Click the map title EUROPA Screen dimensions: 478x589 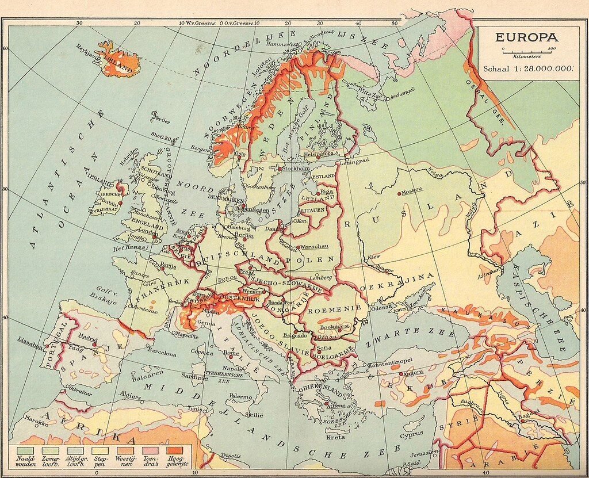[x=526, y=37]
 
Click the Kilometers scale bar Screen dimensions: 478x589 [x=527, y=51]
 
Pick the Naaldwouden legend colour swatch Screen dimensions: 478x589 [x=24, y=447]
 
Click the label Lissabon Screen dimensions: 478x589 [x=30, y=339]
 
